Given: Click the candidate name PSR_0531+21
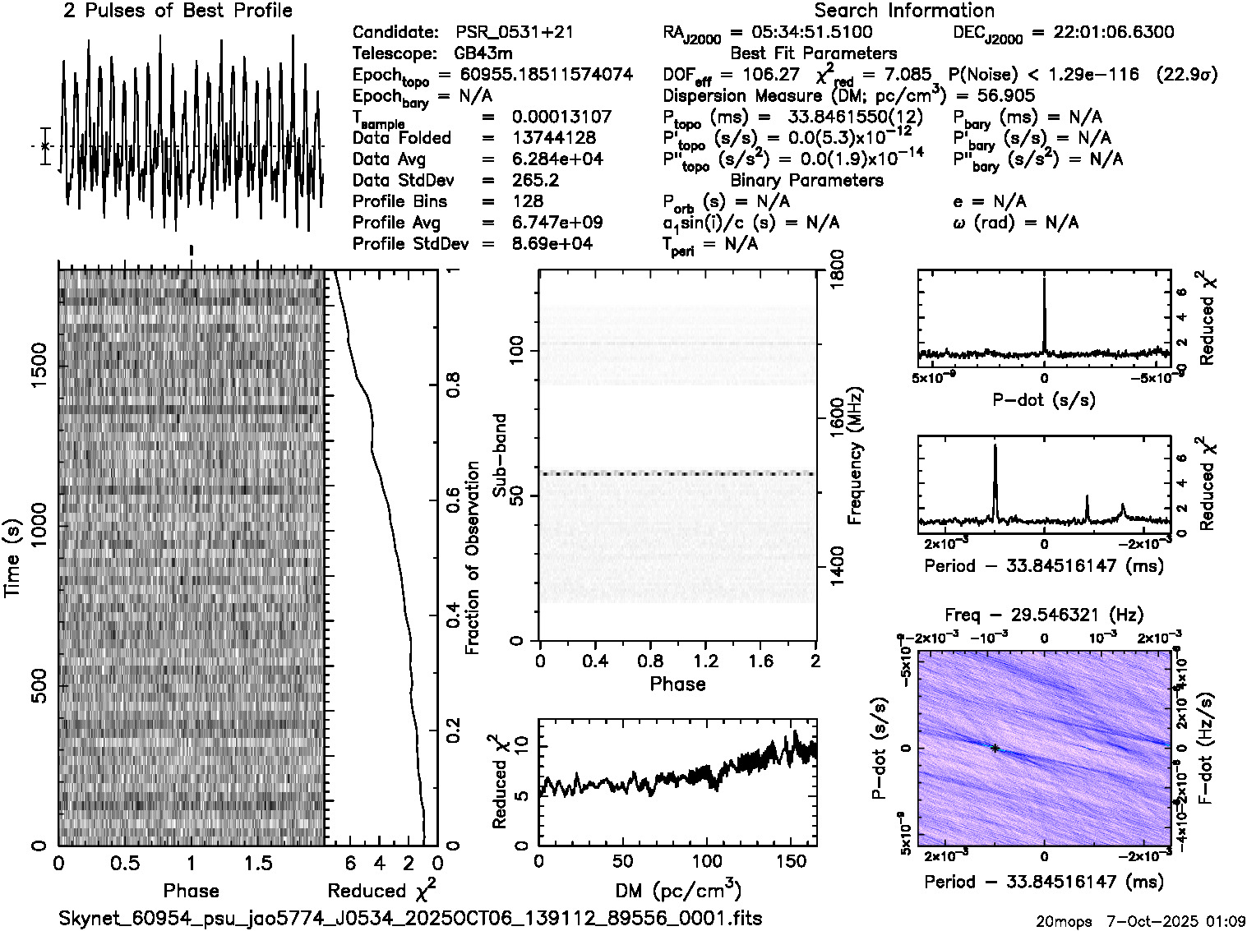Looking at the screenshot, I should point(515,32).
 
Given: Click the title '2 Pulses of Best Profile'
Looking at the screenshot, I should point(178,11).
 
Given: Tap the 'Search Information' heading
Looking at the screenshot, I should point(903,11).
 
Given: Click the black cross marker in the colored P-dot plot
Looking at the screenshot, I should point(995,749).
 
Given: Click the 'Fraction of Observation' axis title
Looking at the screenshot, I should point(472,558).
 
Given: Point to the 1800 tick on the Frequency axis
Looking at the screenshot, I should point(836,272).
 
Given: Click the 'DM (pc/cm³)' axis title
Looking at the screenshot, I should point(677,891).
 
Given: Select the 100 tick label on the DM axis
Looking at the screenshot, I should point(707,862).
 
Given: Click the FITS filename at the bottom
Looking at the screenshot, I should point(410,918).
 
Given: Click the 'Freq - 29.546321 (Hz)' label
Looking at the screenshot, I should point(1044,615).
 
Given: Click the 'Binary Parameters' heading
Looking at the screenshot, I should point(806,181).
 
